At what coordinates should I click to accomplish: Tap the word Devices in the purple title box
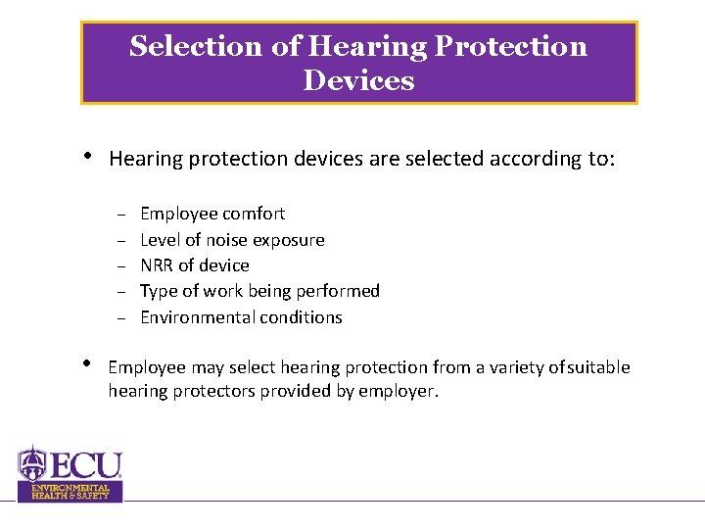358,80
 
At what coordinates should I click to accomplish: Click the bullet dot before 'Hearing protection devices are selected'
88,156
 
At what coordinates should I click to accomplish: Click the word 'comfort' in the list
254,214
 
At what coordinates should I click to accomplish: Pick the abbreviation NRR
158,265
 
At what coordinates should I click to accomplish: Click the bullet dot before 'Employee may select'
88,364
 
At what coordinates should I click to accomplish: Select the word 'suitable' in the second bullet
598,367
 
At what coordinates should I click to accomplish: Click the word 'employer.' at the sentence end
402,391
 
